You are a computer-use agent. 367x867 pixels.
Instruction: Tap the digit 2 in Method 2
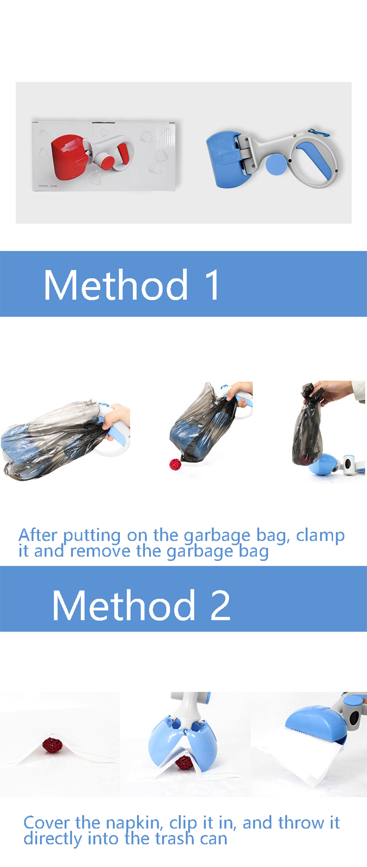[x=220, y=606]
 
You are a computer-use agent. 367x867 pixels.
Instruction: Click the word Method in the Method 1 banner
[x=116, y=285]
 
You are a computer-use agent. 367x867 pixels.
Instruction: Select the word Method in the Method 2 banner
[x=124, y=606]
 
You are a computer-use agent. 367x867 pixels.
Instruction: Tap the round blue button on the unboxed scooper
[x=275, y=164]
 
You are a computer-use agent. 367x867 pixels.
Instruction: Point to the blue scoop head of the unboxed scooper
[x=222, y=159]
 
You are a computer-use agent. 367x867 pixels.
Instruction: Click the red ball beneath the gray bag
[x=175, y=464]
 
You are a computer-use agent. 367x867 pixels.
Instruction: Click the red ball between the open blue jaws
[x=184, y=762]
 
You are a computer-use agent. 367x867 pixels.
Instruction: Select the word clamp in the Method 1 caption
[x=320, y=536]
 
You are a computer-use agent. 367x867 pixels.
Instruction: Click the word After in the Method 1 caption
[x=38, y=535]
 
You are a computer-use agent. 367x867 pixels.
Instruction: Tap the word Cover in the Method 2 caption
[x=46, y=822]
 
